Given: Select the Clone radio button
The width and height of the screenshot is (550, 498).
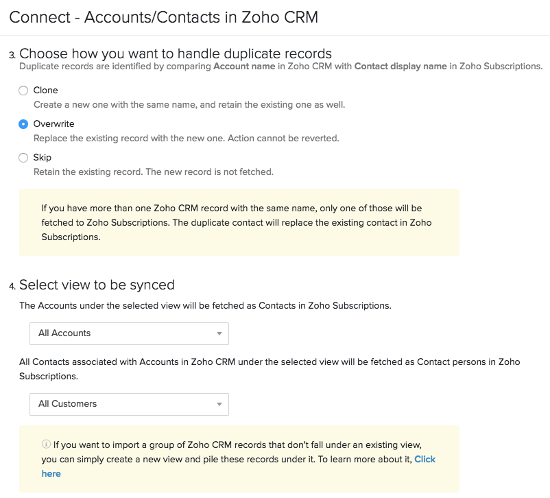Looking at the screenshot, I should pos(23,91).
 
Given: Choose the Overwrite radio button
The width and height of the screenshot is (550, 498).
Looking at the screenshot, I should pos(23,124).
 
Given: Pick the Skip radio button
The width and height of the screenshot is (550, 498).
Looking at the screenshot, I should pos(23,158).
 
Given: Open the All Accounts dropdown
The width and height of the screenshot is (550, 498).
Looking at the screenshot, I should pos(129,333).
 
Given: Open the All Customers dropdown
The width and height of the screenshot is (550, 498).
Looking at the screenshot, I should pos(129,404).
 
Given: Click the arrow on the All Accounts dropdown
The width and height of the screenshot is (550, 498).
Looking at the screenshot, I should pos(219,334).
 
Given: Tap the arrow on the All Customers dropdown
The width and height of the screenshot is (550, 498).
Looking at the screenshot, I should pos(219,405).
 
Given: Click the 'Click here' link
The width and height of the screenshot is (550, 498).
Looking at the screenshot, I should pos(425,460).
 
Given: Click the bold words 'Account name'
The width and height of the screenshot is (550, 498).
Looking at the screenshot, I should pos(244,67).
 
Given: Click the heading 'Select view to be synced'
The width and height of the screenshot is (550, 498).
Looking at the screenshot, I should pos(97,285).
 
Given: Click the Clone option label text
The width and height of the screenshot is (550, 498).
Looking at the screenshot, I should pos(45,91).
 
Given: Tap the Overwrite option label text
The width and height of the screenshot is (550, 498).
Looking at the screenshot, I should pos(53,124).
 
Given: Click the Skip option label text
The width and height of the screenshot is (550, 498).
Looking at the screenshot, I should pos(42,158).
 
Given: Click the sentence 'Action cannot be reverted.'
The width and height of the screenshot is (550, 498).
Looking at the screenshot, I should pos(284,139).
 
